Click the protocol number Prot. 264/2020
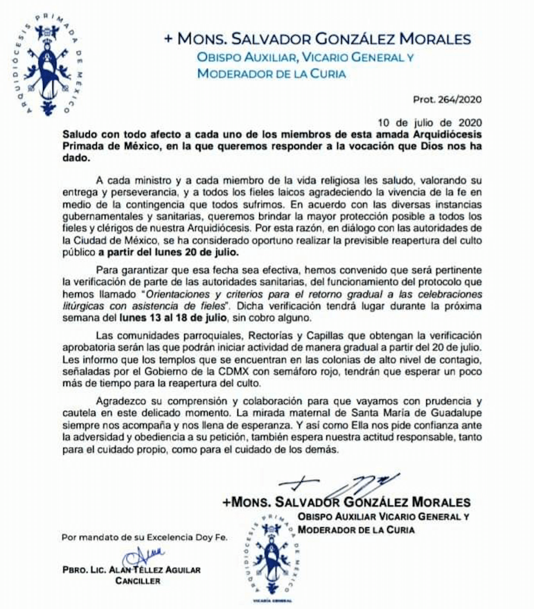[446, 99]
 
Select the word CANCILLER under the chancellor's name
[138, 581]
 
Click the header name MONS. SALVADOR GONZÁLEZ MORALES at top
[318, 40]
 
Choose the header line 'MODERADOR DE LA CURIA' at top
[271, 74]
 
